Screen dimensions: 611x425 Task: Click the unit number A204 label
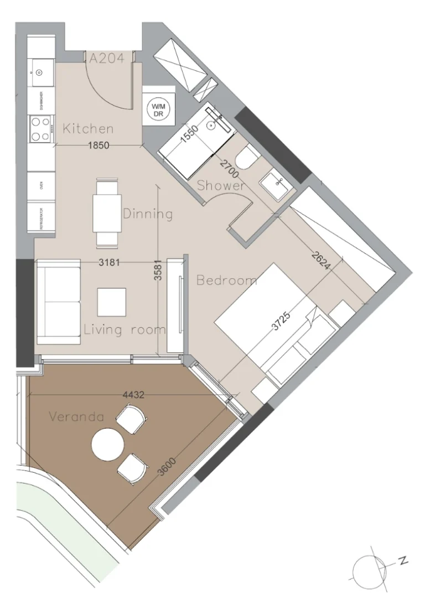[x=106, y=58]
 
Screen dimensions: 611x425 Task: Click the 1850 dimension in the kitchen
[x=100, y=146]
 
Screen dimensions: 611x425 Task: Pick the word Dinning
[x=148, y=213]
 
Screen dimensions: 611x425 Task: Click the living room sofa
[x=58, y=302]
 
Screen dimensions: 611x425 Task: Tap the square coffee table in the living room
[x=111, y=302]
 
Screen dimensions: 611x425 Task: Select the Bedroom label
[x=227, y=280]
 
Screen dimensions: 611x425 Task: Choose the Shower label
[x=221, y=186]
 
